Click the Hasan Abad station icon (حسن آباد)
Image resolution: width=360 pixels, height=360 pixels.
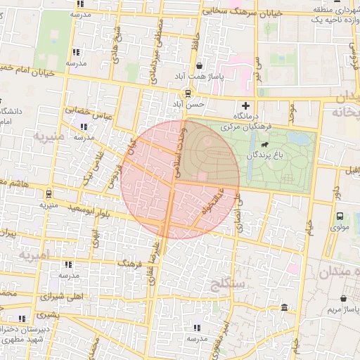188,94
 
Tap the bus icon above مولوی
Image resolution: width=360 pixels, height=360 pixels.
340,216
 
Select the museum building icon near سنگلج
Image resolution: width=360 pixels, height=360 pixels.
283,308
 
